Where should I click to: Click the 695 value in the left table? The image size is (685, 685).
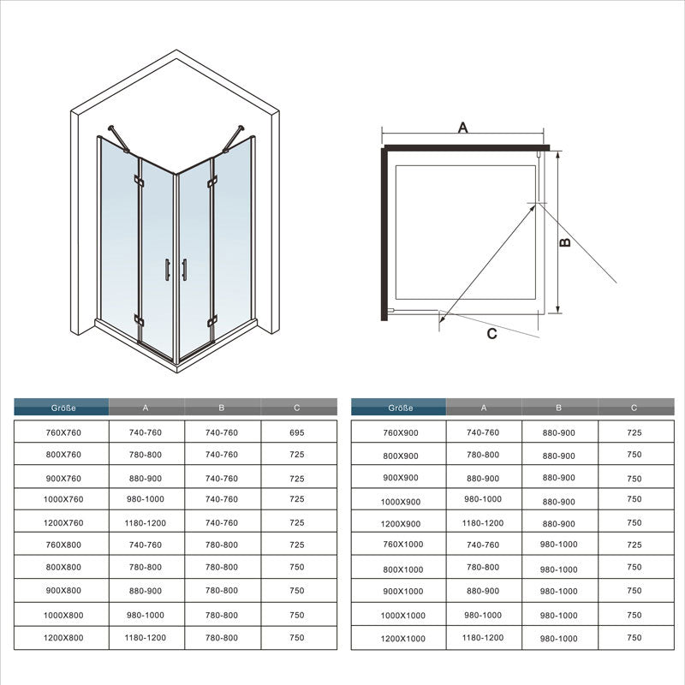[x=297, y=433]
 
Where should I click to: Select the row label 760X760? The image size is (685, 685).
[x=63, y=433]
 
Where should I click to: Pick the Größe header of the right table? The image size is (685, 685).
[x=400, y=408]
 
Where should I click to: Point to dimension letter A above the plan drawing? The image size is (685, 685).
[x=462, y=128]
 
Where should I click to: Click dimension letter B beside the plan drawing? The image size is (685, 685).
[x=565, y=242]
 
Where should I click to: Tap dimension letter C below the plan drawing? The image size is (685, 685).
[x=491, y=334]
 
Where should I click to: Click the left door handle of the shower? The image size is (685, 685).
[x=168, y=270]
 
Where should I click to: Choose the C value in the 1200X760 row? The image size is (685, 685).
[x=297, y=522]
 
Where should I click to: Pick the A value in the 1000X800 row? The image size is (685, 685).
[x=145, y=615]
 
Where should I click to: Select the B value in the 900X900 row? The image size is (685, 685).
[x=559, y=478]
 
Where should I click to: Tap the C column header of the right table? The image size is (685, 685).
[x=634, y=408]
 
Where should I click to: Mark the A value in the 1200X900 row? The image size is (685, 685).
[x=482, y=522]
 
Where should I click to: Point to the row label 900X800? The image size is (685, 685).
[x=63, y=591]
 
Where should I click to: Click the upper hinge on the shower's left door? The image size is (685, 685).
[x=138, y=181]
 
